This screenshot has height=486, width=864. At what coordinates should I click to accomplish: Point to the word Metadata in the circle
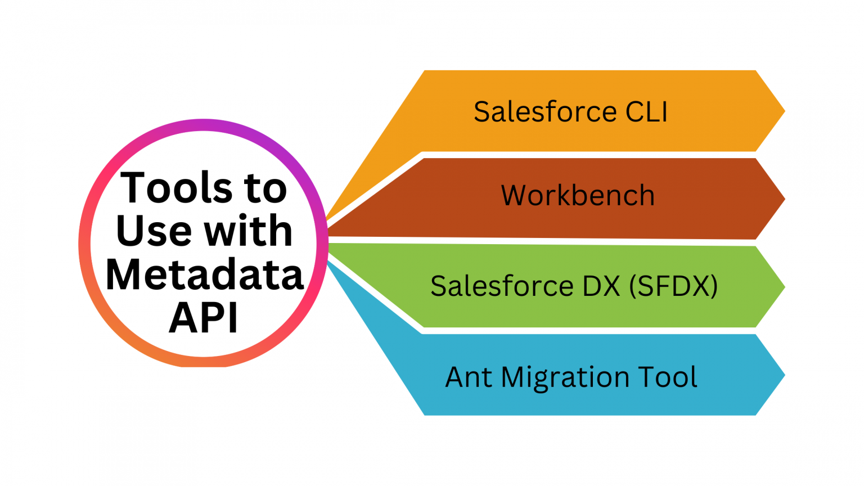click(204, 274)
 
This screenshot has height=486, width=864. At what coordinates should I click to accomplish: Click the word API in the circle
click(204, 318)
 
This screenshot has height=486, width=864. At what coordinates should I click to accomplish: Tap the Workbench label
click(578, 196)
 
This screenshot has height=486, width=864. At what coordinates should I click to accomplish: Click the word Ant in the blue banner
click(469, 377)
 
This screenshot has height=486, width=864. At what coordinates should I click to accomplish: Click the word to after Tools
click(265, 188)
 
